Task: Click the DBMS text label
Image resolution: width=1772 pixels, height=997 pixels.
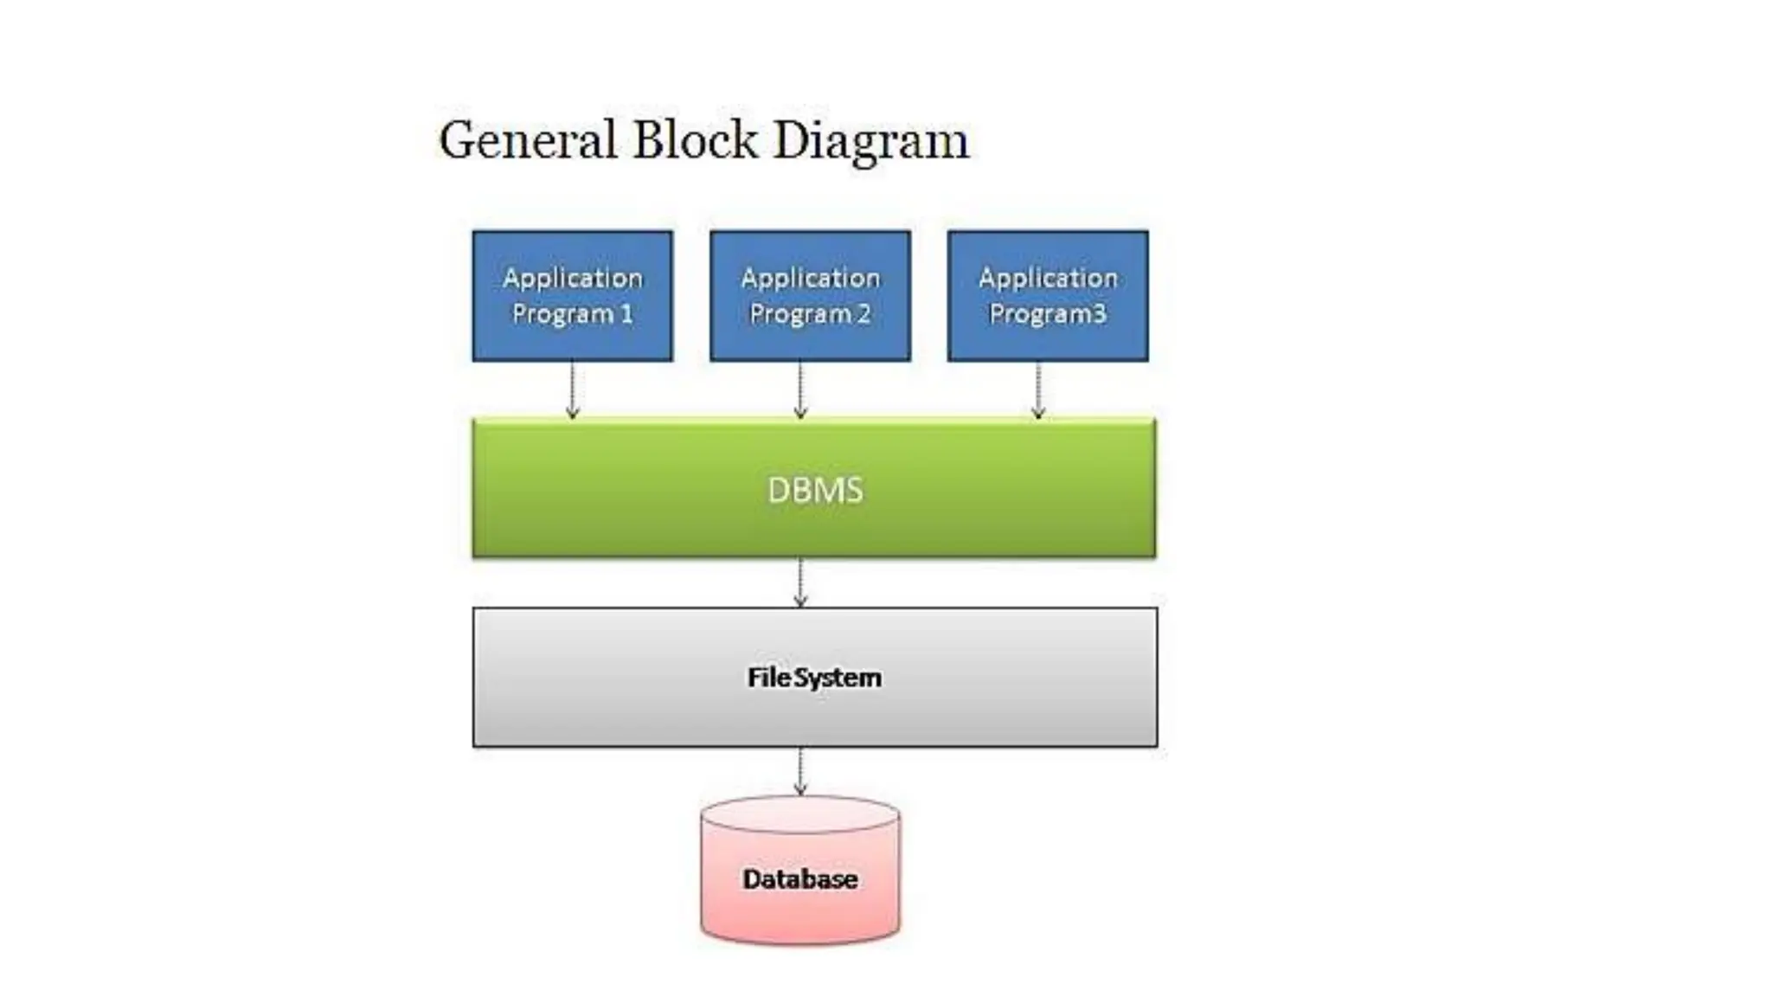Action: pyautogui.click(x=814, y=491)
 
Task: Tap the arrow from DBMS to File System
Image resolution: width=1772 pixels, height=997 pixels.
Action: pyautogui.click(x=800, y=582)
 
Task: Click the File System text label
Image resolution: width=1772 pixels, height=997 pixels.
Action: pyautogui.click(x=814, y=677)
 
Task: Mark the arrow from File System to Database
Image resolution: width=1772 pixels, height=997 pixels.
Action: pyautogui.click(x=800, y=771)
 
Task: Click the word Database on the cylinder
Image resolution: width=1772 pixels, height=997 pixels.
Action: pyautogui.click(x=800, y=879)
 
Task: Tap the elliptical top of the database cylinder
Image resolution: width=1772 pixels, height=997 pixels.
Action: pyautogui.click(x=800, y=814)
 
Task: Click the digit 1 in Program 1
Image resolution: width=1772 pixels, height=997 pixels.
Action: pyautogui.click(x=626, y=313)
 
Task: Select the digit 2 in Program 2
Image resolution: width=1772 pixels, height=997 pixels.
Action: pyautogui.click(x=864, y=313)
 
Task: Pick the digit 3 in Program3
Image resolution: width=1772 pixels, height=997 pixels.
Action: pyautogui.click(x=1099, y=313)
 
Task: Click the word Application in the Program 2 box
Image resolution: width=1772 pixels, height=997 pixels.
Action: pyautogui.click(x=810, y=278)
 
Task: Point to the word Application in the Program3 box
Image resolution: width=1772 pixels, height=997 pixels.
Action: pyautogui.click(x=1048, y=278)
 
